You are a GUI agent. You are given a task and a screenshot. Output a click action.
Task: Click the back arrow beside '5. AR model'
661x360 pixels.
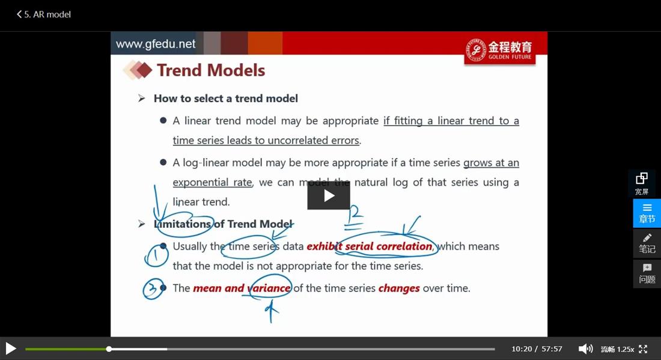click(x=19, y=14)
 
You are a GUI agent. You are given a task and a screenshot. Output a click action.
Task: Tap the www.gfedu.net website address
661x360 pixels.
click(x=156, y=44)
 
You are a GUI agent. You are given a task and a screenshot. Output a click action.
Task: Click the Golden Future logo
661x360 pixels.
click(x=499, y=50)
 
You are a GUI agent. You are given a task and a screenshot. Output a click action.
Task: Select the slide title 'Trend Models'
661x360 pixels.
click(x=211, y=70)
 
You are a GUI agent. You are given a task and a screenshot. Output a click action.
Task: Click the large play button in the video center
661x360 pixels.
click(x=328, y=195)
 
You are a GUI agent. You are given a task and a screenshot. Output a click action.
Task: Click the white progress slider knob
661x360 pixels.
click(x=109, y=349)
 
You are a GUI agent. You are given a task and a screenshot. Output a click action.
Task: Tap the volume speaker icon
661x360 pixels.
click(x=585, y=349)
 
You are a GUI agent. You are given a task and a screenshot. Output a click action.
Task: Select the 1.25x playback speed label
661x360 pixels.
click(x=626, y=349)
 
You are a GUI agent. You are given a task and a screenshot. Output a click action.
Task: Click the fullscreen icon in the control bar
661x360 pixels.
click(x=643, y=349)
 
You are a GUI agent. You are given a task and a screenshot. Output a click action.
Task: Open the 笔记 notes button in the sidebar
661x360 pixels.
click(x=647, y=243)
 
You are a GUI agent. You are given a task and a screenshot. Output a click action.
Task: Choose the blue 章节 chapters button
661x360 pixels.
click(x=647, y=213)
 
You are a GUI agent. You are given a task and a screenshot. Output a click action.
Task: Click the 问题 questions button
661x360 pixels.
click(x=647, y=273)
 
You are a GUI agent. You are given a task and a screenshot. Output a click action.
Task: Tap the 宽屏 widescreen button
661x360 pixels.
click(x=642, y=183)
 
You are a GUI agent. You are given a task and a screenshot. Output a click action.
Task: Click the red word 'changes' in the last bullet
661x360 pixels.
click(x=399, y=288)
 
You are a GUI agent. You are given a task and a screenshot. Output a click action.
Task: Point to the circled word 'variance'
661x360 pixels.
click(x=269, y=288)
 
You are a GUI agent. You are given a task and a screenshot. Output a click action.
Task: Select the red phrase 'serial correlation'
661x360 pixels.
click(x=389, y=246)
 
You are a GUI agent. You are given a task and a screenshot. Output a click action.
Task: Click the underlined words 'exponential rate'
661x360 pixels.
click(x=213, y=183)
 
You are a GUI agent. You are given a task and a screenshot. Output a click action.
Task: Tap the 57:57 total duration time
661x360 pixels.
click(x=552, y=349)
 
